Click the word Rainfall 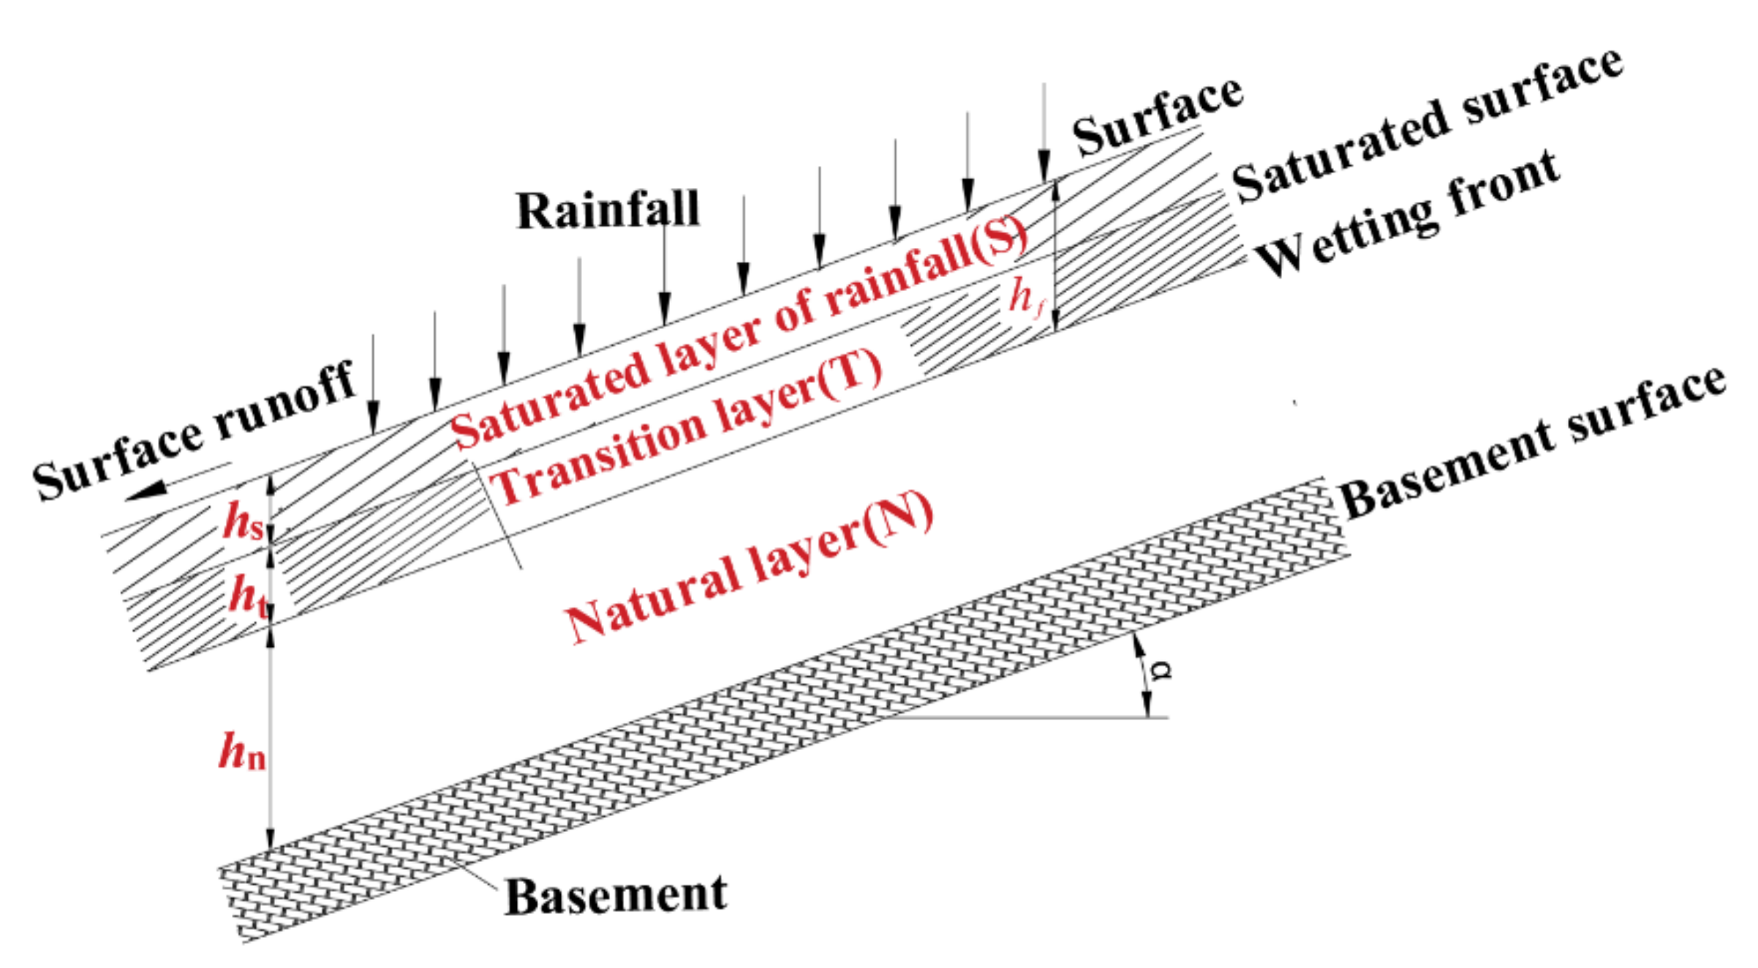click(608, 211)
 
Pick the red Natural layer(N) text click(750, 567)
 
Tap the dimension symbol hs click(242, 521)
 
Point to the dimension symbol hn click(241, 751)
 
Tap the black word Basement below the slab click(616, 895)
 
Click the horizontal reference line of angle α click(1024, 717)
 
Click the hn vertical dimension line click(270, 738)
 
